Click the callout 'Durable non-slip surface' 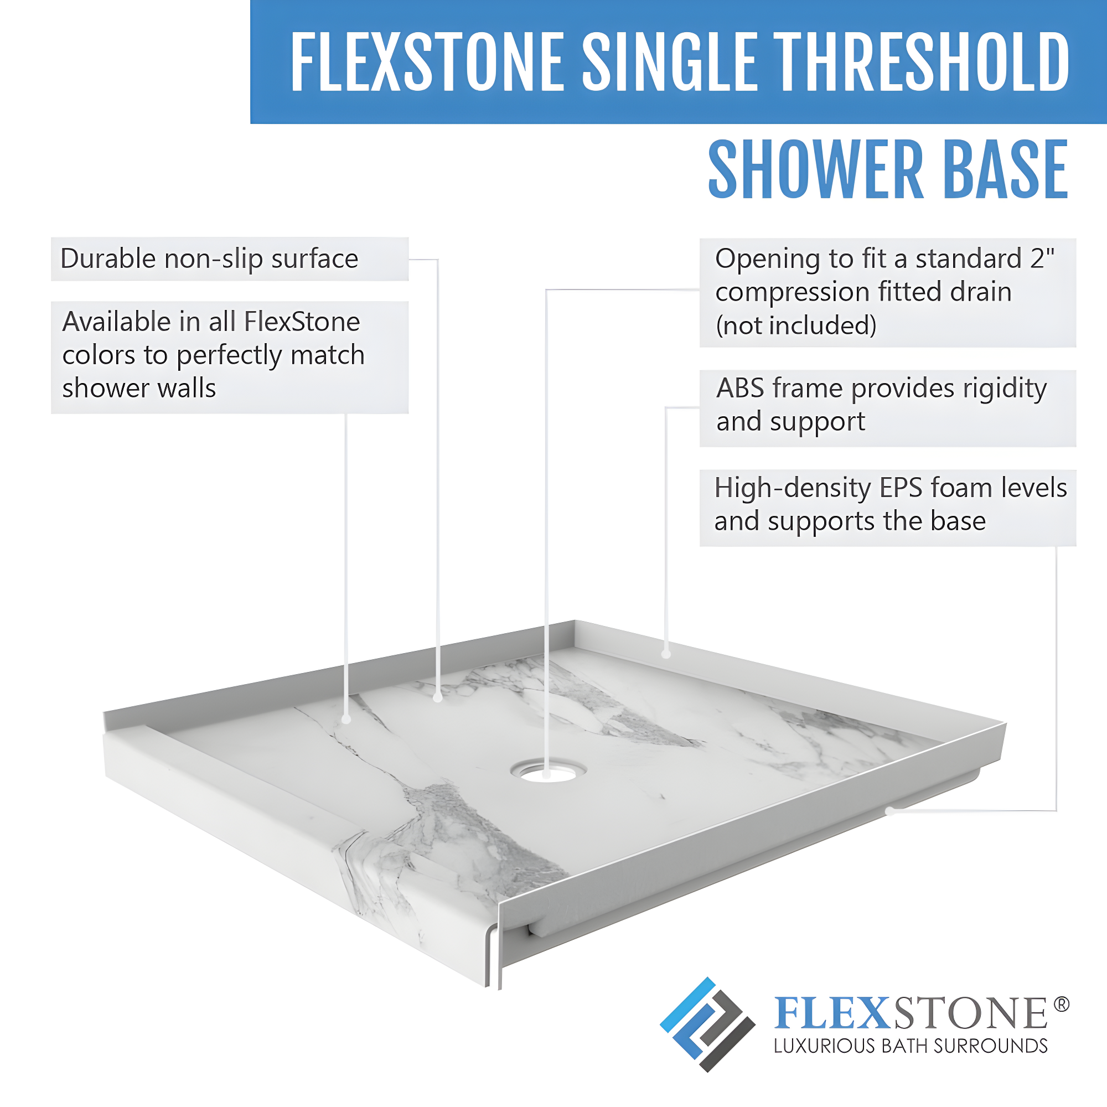pos(209,259)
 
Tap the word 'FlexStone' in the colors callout pos(302,322)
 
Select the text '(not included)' pos(796,325)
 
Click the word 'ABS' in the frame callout pos(739,389)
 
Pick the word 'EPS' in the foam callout pos(901,488)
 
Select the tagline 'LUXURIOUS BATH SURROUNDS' pos(911,1046)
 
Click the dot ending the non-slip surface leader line pos(438,698)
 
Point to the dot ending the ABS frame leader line pos(666,654)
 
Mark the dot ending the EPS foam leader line pos(889,811)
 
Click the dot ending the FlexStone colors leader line pos(346,720)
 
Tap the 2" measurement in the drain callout pos(1042,258)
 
